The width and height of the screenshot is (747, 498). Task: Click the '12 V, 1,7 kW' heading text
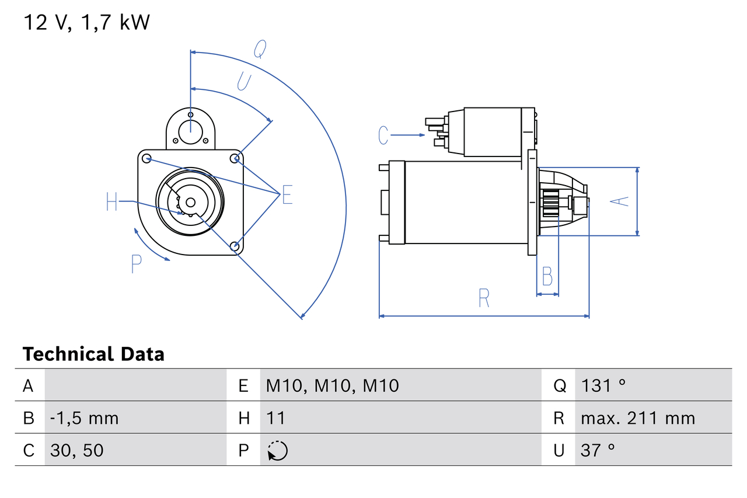pyautogui.click(x=86, y=22)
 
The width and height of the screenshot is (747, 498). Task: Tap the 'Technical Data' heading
pyautogui.click(x=93, y=354)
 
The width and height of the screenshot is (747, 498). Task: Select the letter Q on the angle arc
pyautogui.click(x=260, y=50)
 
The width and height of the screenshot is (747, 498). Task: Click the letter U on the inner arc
pyautogui.click(x=244, y=81)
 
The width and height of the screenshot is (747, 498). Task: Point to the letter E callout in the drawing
pyautogui.click(x=287, y=195)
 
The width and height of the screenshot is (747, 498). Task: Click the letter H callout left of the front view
pyautogui.click(x=112, y=202)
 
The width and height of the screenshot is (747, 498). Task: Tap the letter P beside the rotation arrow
pyautogui.click(x=136, y=264)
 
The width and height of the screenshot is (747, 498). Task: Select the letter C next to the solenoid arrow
pyautogui.click(x=383, y=135)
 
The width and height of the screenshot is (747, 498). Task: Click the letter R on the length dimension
pyautogui.click(x=483, y=298)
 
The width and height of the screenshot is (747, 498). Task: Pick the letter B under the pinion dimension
pyautogui.click(x=547, y=276)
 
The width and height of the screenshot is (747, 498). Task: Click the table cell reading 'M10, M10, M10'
pyautogui.click(x=332, y=385)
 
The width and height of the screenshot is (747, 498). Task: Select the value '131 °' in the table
pyautogui.click(x=603, y=385)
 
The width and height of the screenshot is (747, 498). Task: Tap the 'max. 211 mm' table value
pyautogui.click(x=638, y=418)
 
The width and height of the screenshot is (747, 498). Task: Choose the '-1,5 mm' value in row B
pyautogui.click(x=84, y=418)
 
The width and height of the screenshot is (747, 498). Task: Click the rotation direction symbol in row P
pyautogui.click(x=277, y=451)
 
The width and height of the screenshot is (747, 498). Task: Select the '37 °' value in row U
pyautogui.click(x=598, y=450)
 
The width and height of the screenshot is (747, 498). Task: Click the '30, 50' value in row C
pyautogui.click(x=78, y=450)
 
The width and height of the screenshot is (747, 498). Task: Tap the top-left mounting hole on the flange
pyautogui.click(x=146, y=158)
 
